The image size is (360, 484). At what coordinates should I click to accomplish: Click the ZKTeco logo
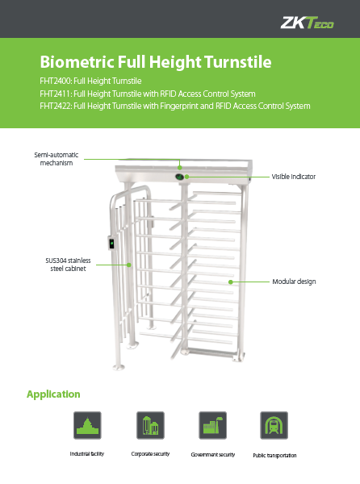point(307,23)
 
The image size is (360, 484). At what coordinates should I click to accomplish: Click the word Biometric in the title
point(77,62)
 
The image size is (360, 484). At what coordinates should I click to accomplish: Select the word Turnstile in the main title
point(238,62)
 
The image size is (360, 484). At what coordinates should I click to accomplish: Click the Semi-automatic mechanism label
point(57,159)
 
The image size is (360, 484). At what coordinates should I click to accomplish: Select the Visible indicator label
point(294,177)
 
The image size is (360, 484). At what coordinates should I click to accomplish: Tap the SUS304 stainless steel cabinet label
point(69,265)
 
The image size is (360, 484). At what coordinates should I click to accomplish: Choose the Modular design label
point(294,282)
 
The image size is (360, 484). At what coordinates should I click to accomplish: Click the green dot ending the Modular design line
point(230,282)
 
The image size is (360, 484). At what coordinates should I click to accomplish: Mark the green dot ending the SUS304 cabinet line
point(129,265)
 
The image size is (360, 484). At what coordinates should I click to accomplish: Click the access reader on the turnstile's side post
point(111,244)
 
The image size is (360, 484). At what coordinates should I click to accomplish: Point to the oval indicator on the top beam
point(180,177)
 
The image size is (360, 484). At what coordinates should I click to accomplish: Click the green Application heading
point(53,394)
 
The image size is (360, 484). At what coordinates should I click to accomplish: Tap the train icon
point(274,425)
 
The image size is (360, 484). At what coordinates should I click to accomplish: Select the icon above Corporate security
point(150,425)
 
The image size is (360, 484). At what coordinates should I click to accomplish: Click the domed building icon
point(87,425)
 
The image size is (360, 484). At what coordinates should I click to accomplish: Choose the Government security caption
point(213,455)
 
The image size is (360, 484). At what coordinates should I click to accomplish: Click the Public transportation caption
point(274,456)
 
